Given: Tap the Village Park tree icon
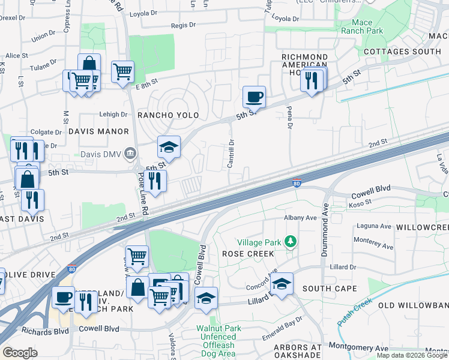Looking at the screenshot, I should pos(291,241).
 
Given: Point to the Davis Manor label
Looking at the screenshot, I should pos(98,131).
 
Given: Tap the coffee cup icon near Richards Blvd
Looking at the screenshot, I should pos(63,297).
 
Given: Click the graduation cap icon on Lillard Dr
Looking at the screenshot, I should pos(281,283).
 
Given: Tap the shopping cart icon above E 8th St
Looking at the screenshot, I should pos(122,71).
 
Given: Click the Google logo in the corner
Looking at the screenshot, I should pos(20,353).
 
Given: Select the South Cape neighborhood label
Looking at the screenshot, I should pos(325,289).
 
